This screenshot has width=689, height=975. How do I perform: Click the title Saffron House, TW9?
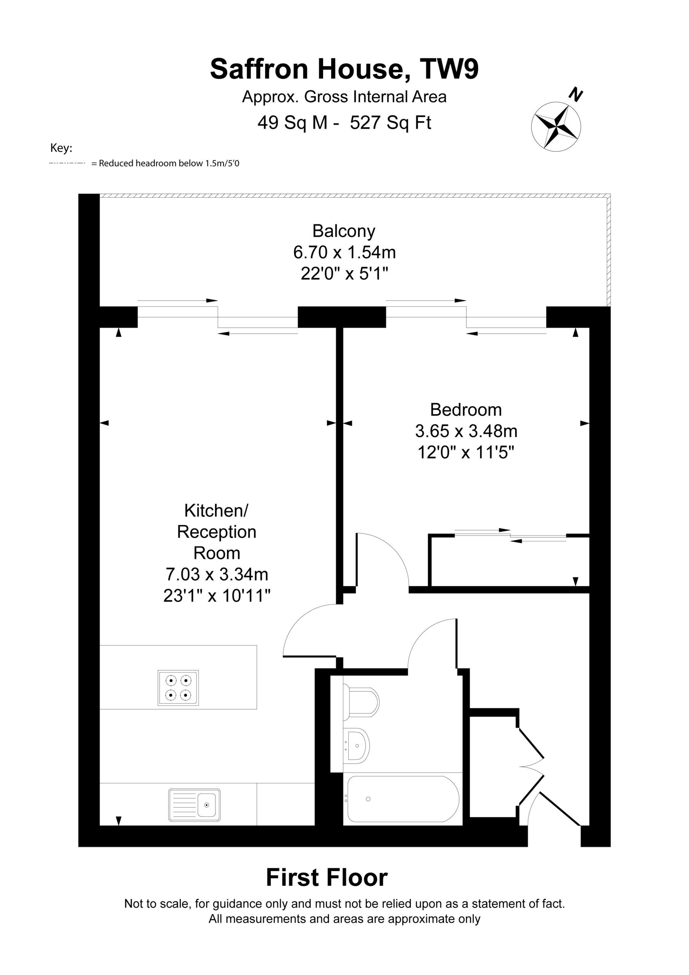pos(344,69)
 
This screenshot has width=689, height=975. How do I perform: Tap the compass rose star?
pos(556,126)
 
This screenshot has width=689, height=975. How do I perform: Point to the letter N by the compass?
pos(576,95)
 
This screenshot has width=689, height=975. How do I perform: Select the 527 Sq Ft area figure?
pos(391,123)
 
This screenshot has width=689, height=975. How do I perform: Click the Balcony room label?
pos(344,232)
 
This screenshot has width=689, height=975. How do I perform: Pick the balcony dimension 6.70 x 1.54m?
pos(344,253)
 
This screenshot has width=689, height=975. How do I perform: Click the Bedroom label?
pos(466,410)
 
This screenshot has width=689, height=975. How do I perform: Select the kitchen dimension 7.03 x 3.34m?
pos(217,575)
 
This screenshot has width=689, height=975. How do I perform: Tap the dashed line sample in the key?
pos(67,163)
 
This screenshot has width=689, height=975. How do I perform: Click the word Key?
pos(61,148)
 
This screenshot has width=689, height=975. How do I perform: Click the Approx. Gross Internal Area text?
pos(344,97)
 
